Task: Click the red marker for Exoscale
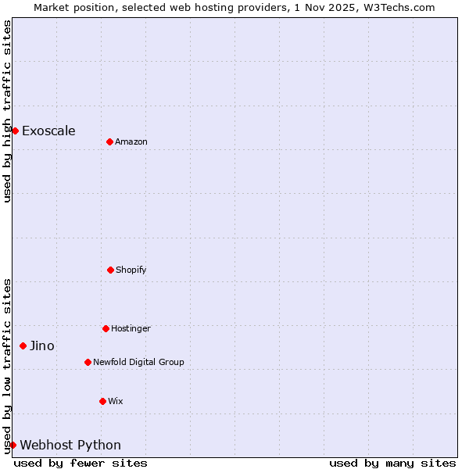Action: click(15, 131)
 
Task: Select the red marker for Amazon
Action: click(109, 141)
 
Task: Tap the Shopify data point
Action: click(110, 270)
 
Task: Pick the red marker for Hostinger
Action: click(106, 328)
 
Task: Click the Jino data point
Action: click(23, 345)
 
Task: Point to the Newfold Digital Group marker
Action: click(88, 362)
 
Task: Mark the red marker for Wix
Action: click(102, 401)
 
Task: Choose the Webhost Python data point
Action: click(13, 445)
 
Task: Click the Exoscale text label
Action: click(48, 131)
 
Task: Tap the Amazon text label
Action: click(131, 141)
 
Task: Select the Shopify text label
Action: click(131, 270)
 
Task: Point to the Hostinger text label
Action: click(131, 328)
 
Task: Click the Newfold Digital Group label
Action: click(138, 362)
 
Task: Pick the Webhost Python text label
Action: click(70, 445)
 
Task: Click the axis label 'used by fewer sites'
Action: click(81, 463)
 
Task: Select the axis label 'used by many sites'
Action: click(392, 463)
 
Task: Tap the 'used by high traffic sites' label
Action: click(7, 111)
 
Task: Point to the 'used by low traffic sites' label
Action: click(7, 365)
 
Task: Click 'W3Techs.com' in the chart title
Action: click(401, 7)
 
